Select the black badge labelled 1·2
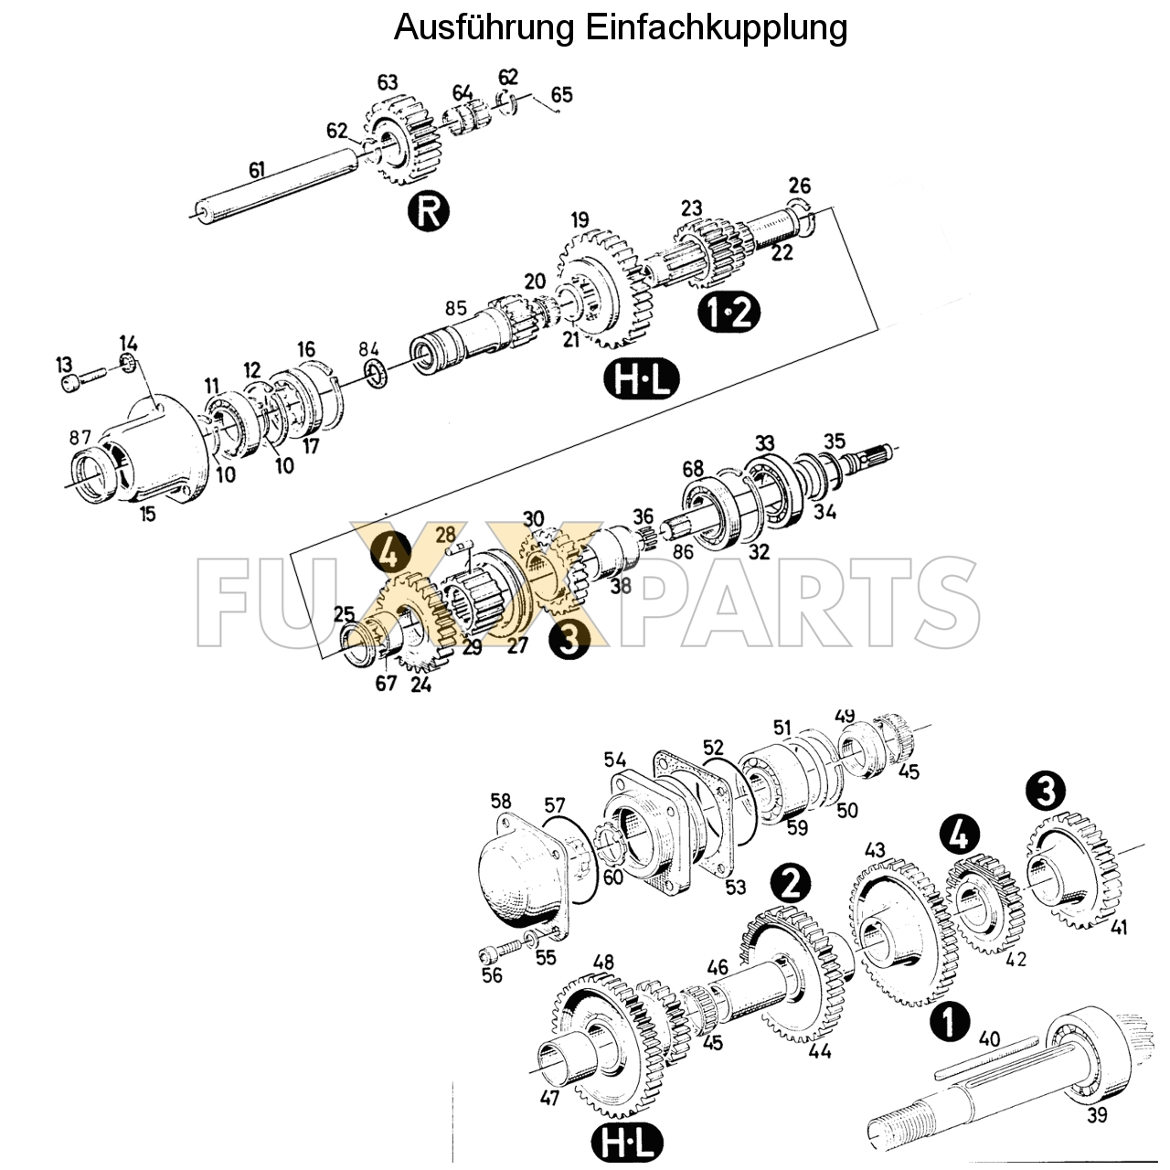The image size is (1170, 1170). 729,313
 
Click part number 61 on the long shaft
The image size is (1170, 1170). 257,169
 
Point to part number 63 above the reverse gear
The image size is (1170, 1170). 388,83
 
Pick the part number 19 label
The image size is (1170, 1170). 580,219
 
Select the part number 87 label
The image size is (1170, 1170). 80,438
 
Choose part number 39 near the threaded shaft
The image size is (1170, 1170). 1098,1115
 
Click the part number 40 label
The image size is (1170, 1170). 989,1039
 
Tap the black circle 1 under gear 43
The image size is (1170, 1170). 949,1021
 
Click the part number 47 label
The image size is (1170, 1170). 549,1098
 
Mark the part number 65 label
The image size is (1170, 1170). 562,95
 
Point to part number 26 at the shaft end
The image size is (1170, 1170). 799,186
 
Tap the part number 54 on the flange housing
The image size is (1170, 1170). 614,760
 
